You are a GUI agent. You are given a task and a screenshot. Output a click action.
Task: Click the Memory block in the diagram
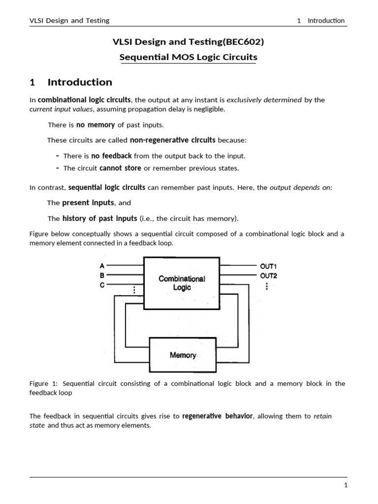[x=183, y=355]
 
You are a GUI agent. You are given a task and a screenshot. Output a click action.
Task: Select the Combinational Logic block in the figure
[x=182, y=283]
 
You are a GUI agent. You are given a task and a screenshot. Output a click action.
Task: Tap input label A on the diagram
[x=102, y=266]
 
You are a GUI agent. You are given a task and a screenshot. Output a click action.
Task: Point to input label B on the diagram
[x=102, y=276]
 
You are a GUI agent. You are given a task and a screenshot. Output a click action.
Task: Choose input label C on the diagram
[x=102, y=285]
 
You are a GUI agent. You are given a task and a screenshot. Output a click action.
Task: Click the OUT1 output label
[x=268, y=266]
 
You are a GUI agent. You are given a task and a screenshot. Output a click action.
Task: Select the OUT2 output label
[x=268, y=276]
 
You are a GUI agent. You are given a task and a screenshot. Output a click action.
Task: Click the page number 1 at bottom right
[x=346, y=485]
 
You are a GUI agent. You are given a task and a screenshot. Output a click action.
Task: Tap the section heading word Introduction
[x=80, y=82]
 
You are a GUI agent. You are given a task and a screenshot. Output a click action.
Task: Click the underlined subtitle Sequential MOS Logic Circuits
[x=189, y=58]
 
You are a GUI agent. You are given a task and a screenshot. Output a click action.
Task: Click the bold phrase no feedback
[x=111, y=156]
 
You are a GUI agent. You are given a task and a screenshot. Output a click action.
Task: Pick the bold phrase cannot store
[x=120, y=168]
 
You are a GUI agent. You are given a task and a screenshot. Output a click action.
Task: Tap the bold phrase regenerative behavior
[x=218, y=416]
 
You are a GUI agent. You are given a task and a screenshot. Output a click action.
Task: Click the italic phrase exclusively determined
[x=264, y=100]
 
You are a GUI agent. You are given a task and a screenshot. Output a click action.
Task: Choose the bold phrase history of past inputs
[x=100, y=219]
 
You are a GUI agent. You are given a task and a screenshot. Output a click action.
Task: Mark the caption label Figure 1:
[x=45, y=383]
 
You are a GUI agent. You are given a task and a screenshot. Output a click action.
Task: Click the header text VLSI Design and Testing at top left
[x=69, y=21]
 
